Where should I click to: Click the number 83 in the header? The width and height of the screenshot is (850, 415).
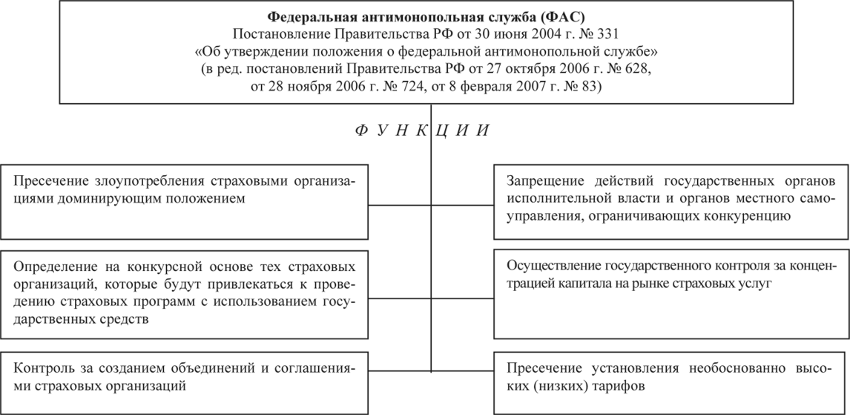[593, 87]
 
